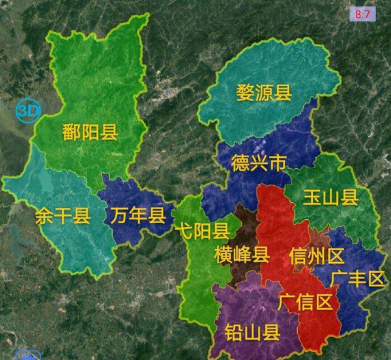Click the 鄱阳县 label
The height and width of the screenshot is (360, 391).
pos(90,134)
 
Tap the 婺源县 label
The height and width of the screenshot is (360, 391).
pos(264,93)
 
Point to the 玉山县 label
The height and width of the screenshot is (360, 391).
pos(330,198)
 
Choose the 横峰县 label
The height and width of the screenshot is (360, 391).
pos(242,255)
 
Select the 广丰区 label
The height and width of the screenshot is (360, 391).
pos(358,279)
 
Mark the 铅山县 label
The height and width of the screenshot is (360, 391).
pos(252,333)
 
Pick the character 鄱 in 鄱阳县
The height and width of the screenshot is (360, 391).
pos(72,134)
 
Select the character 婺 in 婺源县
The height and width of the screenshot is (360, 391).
pos(246,93)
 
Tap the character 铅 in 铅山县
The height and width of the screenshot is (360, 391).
pos(233,333)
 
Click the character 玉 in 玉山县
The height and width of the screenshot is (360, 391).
pos(311,198)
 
